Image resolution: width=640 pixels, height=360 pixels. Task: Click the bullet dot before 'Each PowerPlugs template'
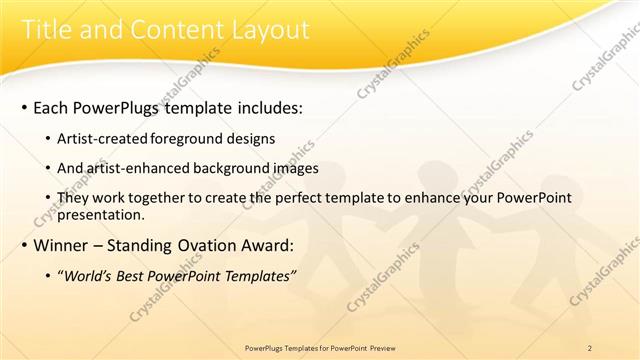pyautogui.click(x=22, y=106)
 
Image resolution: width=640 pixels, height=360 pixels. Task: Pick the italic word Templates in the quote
pyautogui.click(x=257, y=276)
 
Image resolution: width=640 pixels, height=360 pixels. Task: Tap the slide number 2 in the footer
pyautogui.click(x=590, y=348)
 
